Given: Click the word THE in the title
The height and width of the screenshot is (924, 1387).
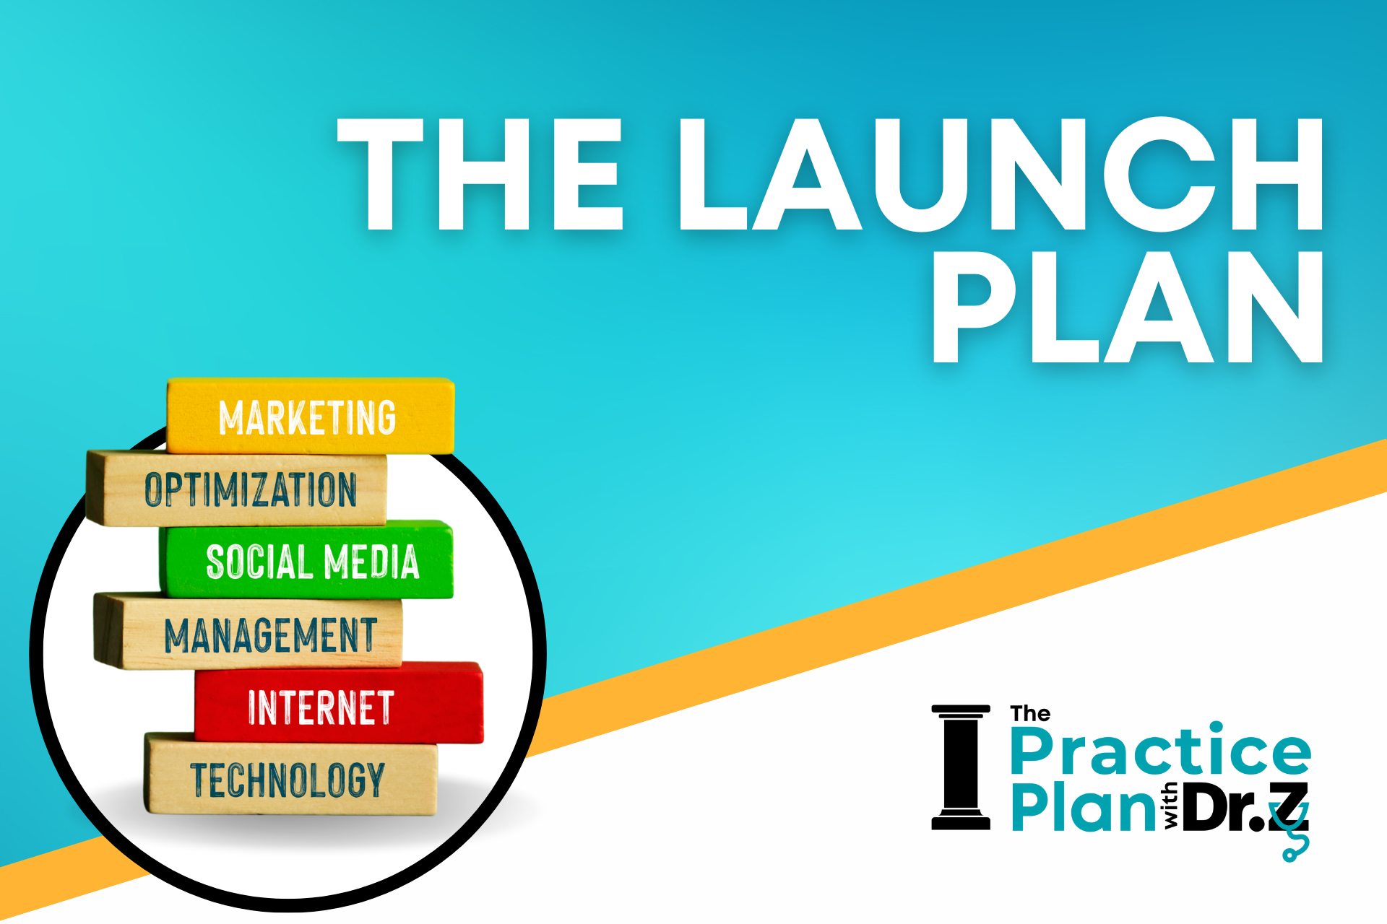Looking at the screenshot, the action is click(480, 174).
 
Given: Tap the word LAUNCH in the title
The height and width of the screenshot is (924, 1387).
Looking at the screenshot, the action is click(1001, 174).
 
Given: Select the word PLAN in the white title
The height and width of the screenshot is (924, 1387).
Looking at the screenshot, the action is click(1128, 307).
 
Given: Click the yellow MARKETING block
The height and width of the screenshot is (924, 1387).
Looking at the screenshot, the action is click(311, 416).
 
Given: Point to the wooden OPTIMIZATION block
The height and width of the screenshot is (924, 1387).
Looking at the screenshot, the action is click(236, 488).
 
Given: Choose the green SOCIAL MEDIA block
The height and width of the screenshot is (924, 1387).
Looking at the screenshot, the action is click(306, 559).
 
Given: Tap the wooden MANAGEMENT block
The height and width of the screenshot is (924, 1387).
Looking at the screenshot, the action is click(248, 631).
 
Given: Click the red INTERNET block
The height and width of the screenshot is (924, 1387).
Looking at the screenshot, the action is click(339, 702).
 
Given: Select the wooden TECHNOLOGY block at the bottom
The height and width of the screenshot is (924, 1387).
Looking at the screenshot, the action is click(291, 774).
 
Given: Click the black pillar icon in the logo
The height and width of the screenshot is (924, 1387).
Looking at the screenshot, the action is click(961, 767).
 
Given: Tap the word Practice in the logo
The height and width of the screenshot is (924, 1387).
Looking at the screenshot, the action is click(1161, 750).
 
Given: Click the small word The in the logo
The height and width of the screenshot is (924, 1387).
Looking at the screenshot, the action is click(1030, 714).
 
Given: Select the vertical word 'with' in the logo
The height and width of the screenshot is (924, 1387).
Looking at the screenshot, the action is click(1170, 806).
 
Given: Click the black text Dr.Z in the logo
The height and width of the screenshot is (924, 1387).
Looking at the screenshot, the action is click(1246, 806).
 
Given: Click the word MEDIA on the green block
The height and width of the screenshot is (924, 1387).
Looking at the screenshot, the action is click(371, 562).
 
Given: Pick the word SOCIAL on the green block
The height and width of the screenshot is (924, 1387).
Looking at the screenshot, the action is click(259, 562).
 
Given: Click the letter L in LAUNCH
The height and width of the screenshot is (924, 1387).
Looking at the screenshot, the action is click(712, 174).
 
